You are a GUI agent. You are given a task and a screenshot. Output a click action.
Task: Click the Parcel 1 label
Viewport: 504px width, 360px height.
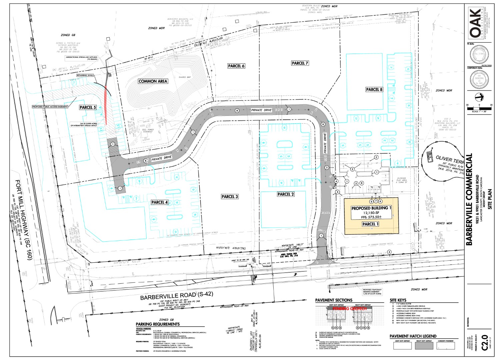(370, 224)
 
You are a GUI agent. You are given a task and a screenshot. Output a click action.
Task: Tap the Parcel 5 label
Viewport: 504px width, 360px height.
(88, 107)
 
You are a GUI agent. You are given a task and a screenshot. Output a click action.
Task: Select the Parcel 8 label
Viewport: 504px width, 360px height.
(374, 89)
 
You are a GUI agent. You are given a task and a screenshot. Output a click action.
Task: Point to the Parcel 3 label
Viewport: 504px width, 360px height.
(230, 197)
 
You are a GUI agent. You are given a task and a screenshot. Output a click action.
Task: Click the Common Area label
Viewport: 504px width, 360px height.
(153, 81)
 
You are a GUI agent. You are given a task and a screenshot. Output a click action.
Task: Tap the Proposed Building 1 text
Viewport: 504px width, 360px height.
(371, 208)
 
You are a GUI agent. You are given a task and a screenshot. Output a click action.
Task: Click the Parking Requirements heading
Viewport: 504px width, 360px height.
(157, 324)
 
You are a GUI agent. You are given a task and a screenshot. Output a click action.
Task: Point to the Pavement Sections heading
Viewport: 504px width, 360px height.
(334, 300)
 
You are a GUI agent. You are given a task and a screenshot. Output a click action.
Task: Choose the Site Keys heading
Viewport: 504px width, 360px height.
(398, 300)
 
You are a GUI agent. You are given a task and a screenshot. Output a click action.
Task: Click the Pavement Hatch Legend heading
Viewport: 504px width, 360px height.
(413, 336)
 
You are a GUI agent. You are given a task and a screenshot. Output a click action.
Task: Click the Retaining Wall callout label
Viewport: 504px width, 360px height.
(85, 75)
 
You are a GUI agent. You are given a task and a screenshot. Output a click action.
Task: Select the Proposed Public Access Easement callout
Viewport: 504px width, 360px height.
(50, 107)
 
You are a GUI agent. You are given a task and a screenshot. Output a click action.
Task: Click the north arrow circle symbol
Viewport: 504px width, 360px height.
(479, 97)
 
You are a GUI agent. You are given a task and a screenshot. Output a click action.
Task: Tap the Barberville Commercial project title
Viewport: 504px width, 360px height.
(469, 199)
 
